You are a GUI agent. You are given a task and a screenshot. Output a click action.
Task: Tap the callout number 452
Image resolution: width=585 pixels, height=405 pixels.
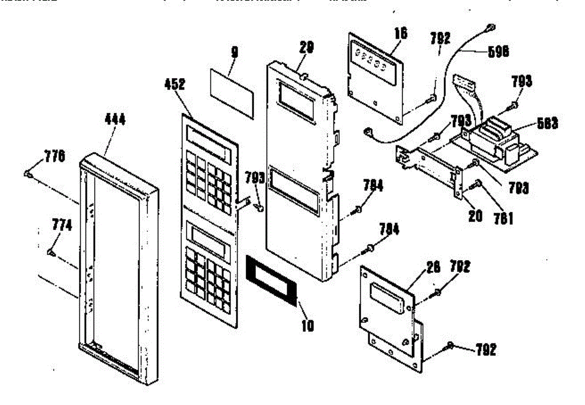(x=175, y=84)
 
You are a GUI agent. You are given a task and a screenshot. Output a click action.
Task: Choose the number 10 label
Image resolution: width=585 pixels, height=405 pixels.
(x=308, y=325)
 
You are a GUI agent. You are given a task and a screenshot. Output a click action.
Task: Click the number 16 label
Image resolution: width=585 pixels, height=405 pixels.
(x=402, y=33)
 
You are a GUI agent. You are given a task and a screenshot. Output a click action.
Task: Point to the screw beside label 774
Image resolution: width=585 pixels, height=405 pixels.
(x=51, y=252)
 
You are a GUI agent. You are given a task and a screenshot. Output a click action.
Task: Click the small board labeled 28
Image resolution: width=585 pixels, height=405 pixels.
(x=388, y=297)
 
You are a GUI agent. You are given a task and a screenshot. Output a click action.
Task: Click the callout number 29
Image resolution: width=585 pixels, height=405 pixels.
(x=307, y=47)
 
